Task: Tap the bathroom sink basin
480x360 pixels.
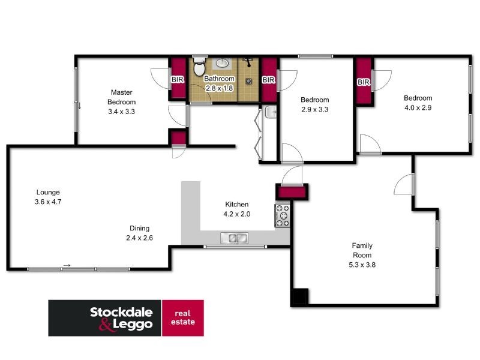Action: (221, 62)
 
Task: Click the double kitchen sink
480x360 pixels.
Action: (234, 239)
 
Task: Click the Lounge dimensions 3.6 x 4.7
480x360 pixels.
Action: (48, 202)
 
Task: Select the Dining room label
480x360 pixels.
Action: (139, 228)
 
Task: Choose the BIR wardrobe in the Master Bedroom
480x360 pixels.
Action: (178, 79)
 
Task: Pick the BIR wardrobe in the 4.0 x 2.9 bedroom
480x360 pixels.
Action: (364, 82)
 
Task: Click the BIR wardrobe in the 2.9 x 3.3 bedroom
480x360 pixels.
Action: (269, 79)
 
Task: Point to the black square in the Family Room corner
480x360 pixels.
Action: (299, 298)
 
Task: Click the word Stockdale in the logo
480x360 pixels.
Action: (121, 312)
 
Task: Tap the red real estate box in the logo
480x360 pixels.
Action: (183, 317)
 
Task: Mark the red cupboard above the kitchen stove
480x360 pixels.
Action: (291, 192)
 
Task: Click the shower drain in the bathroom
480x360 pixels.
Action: (248, 81)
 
